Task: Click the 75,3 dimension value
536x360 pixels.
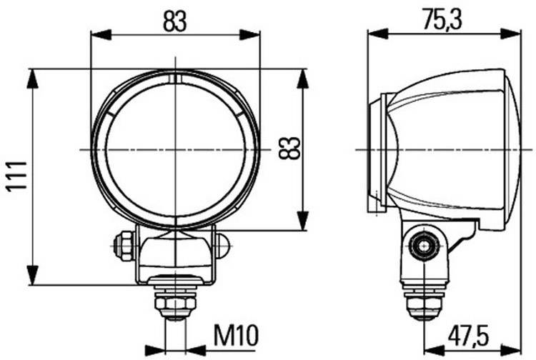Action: tap(442, 19)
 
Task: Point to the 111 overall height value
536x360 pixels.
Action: tap(16, 176)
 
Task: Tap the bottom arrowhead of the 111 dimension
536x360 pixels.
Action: tap(32, 275)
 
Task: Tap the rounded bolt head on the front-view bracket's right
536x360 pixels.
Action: tap(222, 246)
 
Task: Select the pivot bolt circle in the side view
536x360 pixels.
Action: tap(425, 246)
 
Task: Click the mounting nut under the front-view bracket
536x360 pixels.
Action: tap(176, 304)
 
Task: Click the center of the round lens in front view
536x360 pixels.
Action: tap(175, 149)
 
